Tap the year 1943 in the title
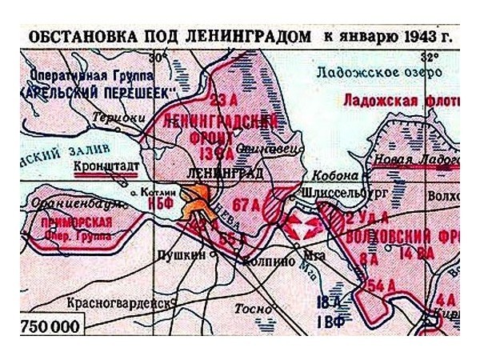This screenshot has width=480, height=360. click(x=405, y=38)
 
